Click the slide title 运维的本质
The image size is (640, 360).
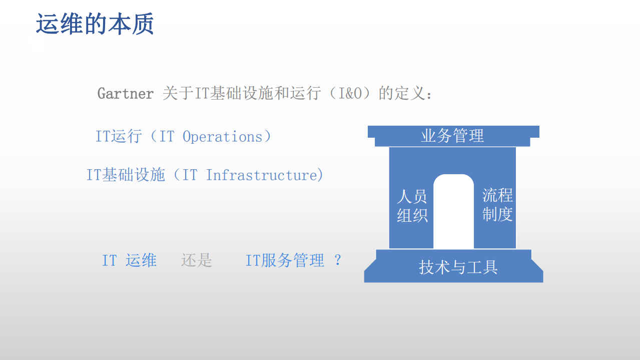pyautogui.click(x=95, y=25)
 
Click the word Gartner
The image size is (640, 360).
pyautogui.click(x=126, y=94)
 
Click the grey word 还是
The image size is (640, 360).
pyautogui.click(x=197, y=260)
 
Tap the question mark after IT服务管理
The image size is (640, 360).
pyautogui.click(x=338, y=260)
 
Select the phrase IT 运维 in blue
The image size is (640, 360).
pyautogui.click(x=129, y=260)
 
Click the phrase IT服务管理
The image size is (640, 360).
pyautogui.click(x=285, y=260)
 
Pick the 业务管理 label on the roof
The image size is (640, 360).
pyautogui.click(x=452, y=136)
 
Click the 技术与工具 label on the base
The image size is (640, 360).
pyautogui.click(x=458, y=267)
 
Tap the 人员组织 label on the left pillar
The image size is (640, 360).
pyautogui.click(x=412, y=206)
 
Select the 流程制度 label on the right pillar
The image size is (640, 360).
pyautogui.click(x=497, y=205)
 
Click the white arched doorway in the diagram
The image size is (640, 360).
pyautogui.click(x=453, y=213)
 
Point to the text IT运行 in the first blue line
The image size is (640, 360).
pyautogui.click(x=119, y=137)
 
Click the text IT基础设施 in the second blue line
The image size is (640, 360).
pyautogui.click(x=126, y=175)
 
